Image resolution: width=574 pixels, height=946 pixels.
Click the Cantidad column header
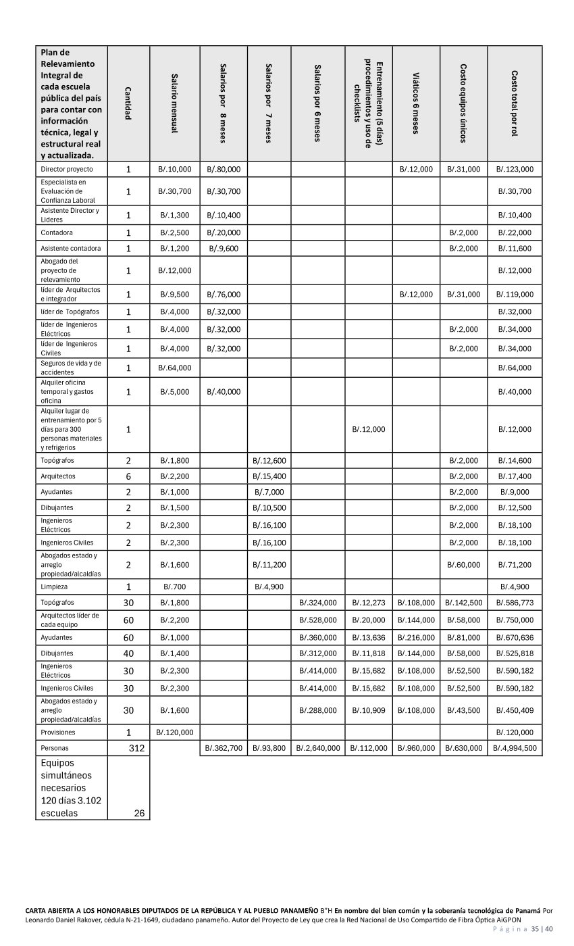click(x=128, y=103)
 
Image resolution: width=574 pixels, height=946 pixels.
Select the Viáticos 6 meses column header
click(x=416, y=103)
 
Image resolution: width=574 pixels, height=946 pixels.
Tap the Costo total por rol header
click(x=515, y=103)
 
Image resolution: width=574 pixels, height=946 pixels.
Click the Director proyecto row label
click(x=67, y=169)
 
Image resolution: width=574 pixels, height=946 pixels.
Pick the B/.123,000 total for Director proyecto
click(x=515, y=169)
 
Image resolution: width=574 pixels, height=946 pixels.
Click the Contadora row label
click(x=57, y=232)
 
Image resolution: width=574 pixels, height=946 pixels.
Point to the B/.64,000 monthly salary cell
click(x=175, y=368)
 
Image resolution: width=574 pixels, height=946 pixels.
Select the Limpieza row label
click(x=54, y=587)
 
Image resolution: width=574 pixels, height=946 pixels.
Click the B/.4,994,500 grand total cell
click(x=515, y=748)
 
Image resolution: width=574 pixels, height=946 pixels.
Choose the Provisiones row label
click(x=58, y=732)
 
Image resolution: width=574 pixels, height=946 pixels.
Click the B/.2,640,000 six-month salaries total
click(x=317, y=748)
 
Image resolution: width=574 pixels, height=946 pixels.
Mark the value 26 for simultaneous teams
click(x=139, y=813)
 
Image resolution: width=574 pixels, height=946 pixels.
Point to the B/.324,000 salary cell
click(x=317, y=602)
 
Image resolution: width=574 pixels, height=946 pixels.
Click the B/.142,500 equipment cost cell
click(x=463, y=602)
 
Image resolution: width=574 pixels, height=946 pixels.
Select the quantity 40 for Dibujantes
click(x=128, y=653)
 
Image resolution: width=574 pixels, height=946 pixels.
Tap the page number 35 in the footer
click(x=535, y=929)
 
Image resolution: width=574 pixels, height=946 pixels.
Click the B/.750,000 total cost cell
click(x=515, y=620)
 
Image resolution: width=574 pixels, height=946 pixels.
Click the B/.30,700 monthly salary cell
click(x=175, y=191)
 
